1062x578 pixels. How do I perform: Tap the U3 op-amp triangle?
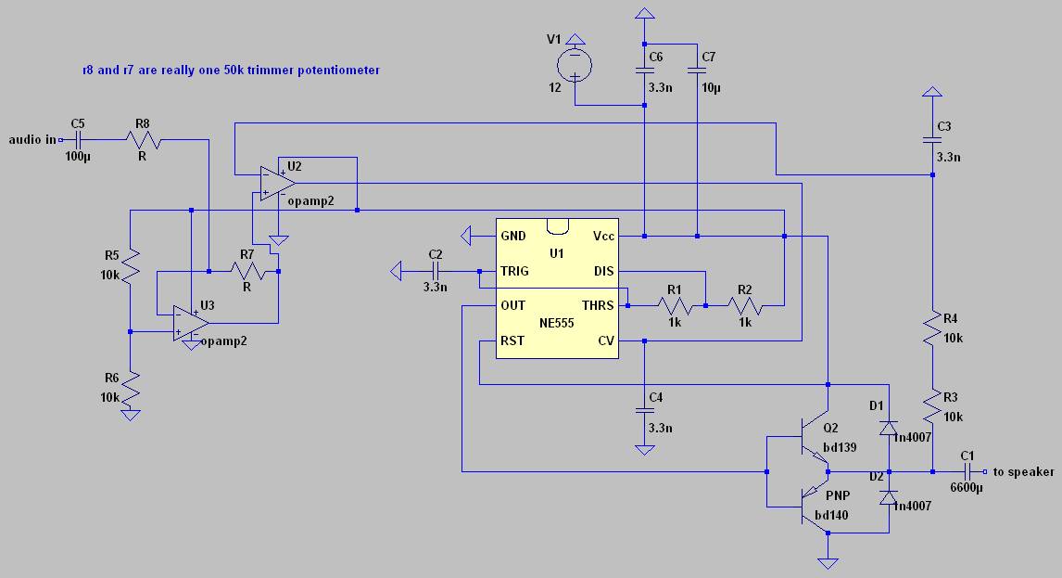(191, 323)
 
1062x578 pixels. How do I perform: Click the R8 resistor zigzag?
(142, 140)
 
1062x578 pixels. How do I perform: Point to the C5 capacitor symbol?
(78, 140)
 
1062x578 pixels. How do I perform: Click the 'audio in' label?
(32, 140)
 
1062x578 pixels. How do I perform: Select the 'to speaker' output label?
(1023, 472)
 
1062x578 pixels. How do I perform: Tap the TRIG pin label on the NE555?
(514, 271)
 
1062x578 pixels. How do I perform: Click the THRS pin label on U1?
(598, 306)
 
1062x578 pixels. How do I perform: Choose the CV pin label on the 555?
(605, 340)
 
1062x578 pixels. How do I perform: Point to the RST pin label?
(512, 340)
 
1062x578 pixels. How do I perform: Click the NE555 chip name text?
(556, 324)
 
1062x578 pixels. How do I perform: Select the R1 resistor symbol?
(675, 306)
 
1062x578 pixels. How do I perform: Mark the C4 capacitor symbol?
(644, 411)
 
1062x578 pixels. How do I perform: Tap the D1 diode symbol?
(889, 428)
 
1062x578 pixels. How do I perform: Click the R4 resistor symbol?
(932, 328)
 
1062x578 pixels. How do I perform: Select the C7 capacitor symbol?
(697, 70)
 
